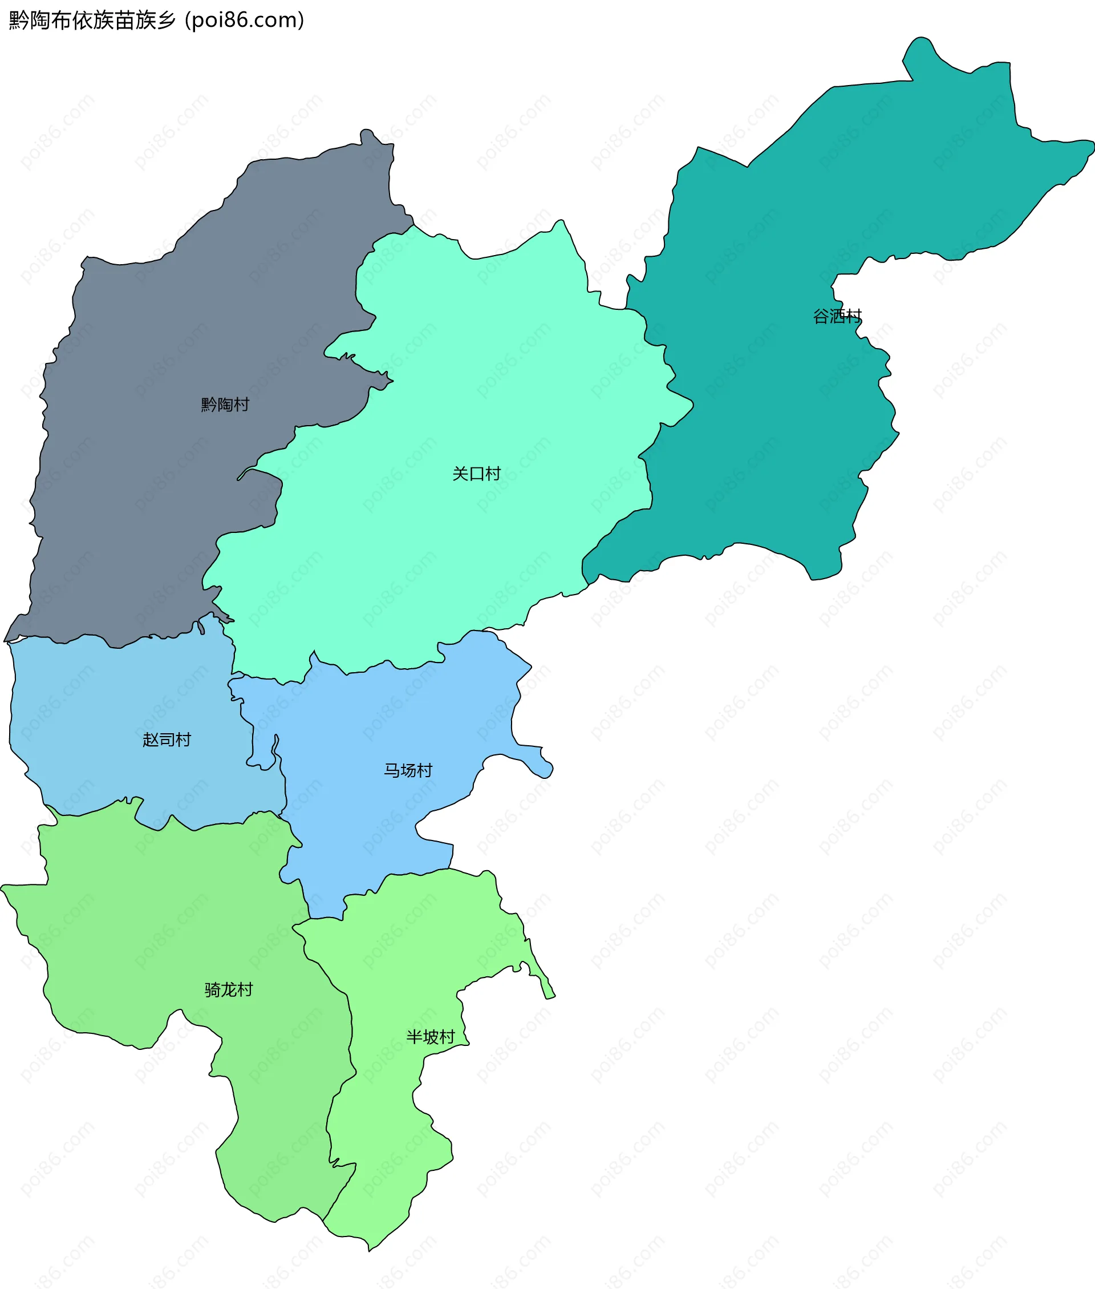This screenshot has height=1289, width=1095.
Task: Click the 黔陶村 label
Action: [225, 405]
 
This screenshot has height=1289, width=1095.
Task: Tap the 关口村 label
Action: [476, 474]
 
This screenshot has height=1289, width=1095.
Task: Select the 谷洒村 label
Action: [837, 317]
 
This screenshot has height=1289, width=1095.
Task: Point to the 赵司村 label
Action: [167, 740]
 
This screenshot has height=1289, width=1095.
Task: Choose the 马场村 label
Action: [408, 770]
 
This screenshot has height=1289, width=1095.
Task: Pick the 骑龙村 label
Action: [229, 989]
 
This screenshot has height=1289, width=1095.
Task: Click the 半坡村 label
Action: [430, 1036]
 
